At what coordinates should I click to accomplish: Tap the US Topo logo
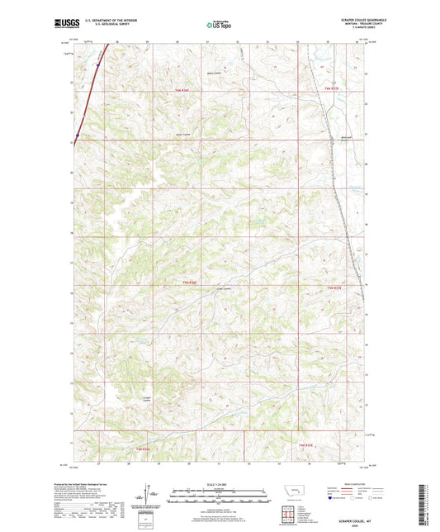click(x=220, y=25)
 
